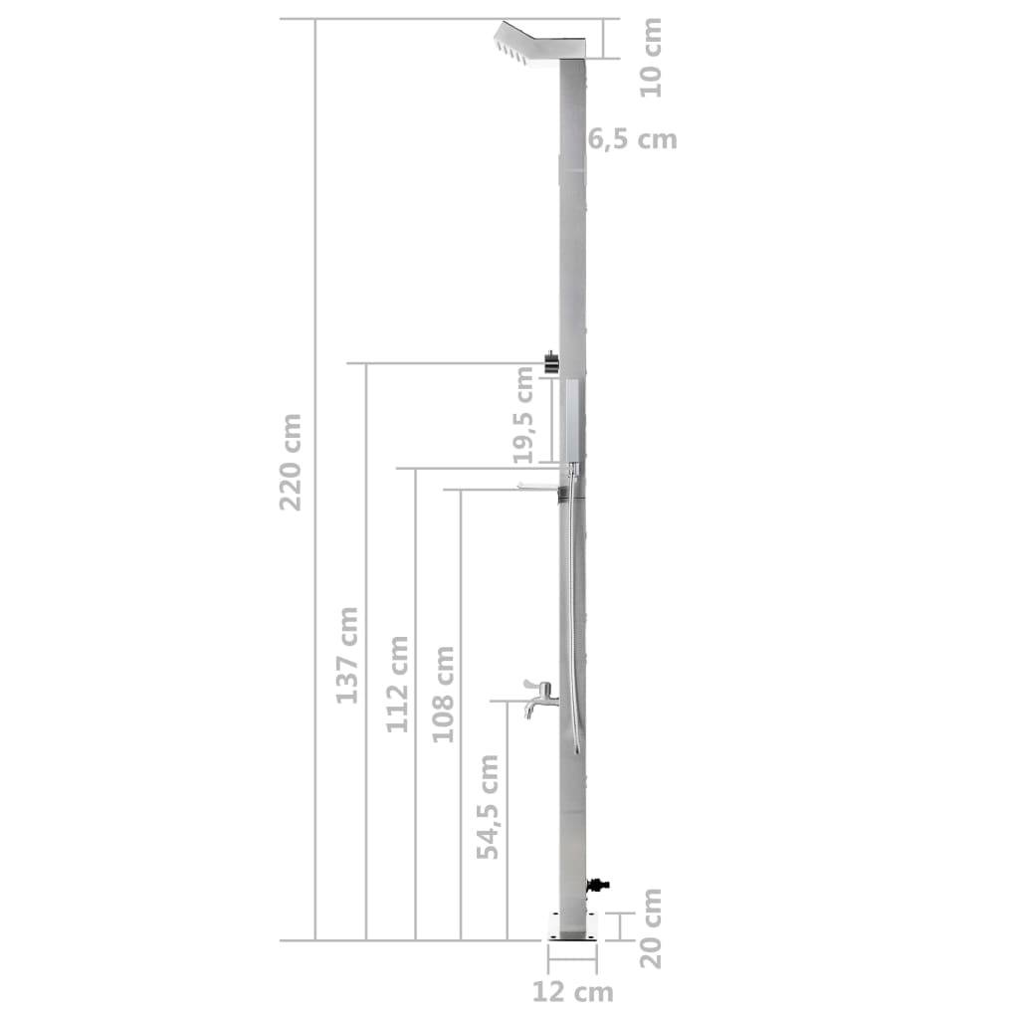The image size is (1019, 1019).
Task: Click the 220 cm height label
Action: (291, 462)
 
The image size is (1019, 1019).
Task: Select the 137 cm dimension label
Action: (346, 654)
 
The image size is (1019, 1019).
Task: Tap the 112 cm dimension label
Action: (398, 684)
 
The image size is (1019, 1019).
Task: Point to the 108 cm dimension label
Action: (444, 694)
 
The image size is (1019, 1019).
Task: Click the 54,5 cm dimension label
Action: (489, 806)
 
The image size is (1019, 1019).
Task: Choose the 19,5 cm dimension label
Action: (524, 414)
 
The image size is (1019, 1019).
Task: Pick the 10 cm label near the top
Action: (651, 57)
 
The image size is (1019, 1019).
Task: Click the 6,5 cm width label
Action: (633, 139)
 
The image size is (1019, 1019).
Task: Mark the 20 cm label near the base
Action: (651, 927)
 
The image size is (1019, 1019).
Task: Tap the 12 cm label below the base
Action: (572, 991)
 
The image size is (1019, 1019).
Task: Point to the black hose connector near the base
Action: (598, 883)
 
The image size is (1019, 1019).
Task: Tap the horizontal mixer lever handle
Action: (538, 486)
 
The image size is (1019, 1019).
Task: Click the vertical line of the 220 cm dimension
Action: (315, 697)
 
